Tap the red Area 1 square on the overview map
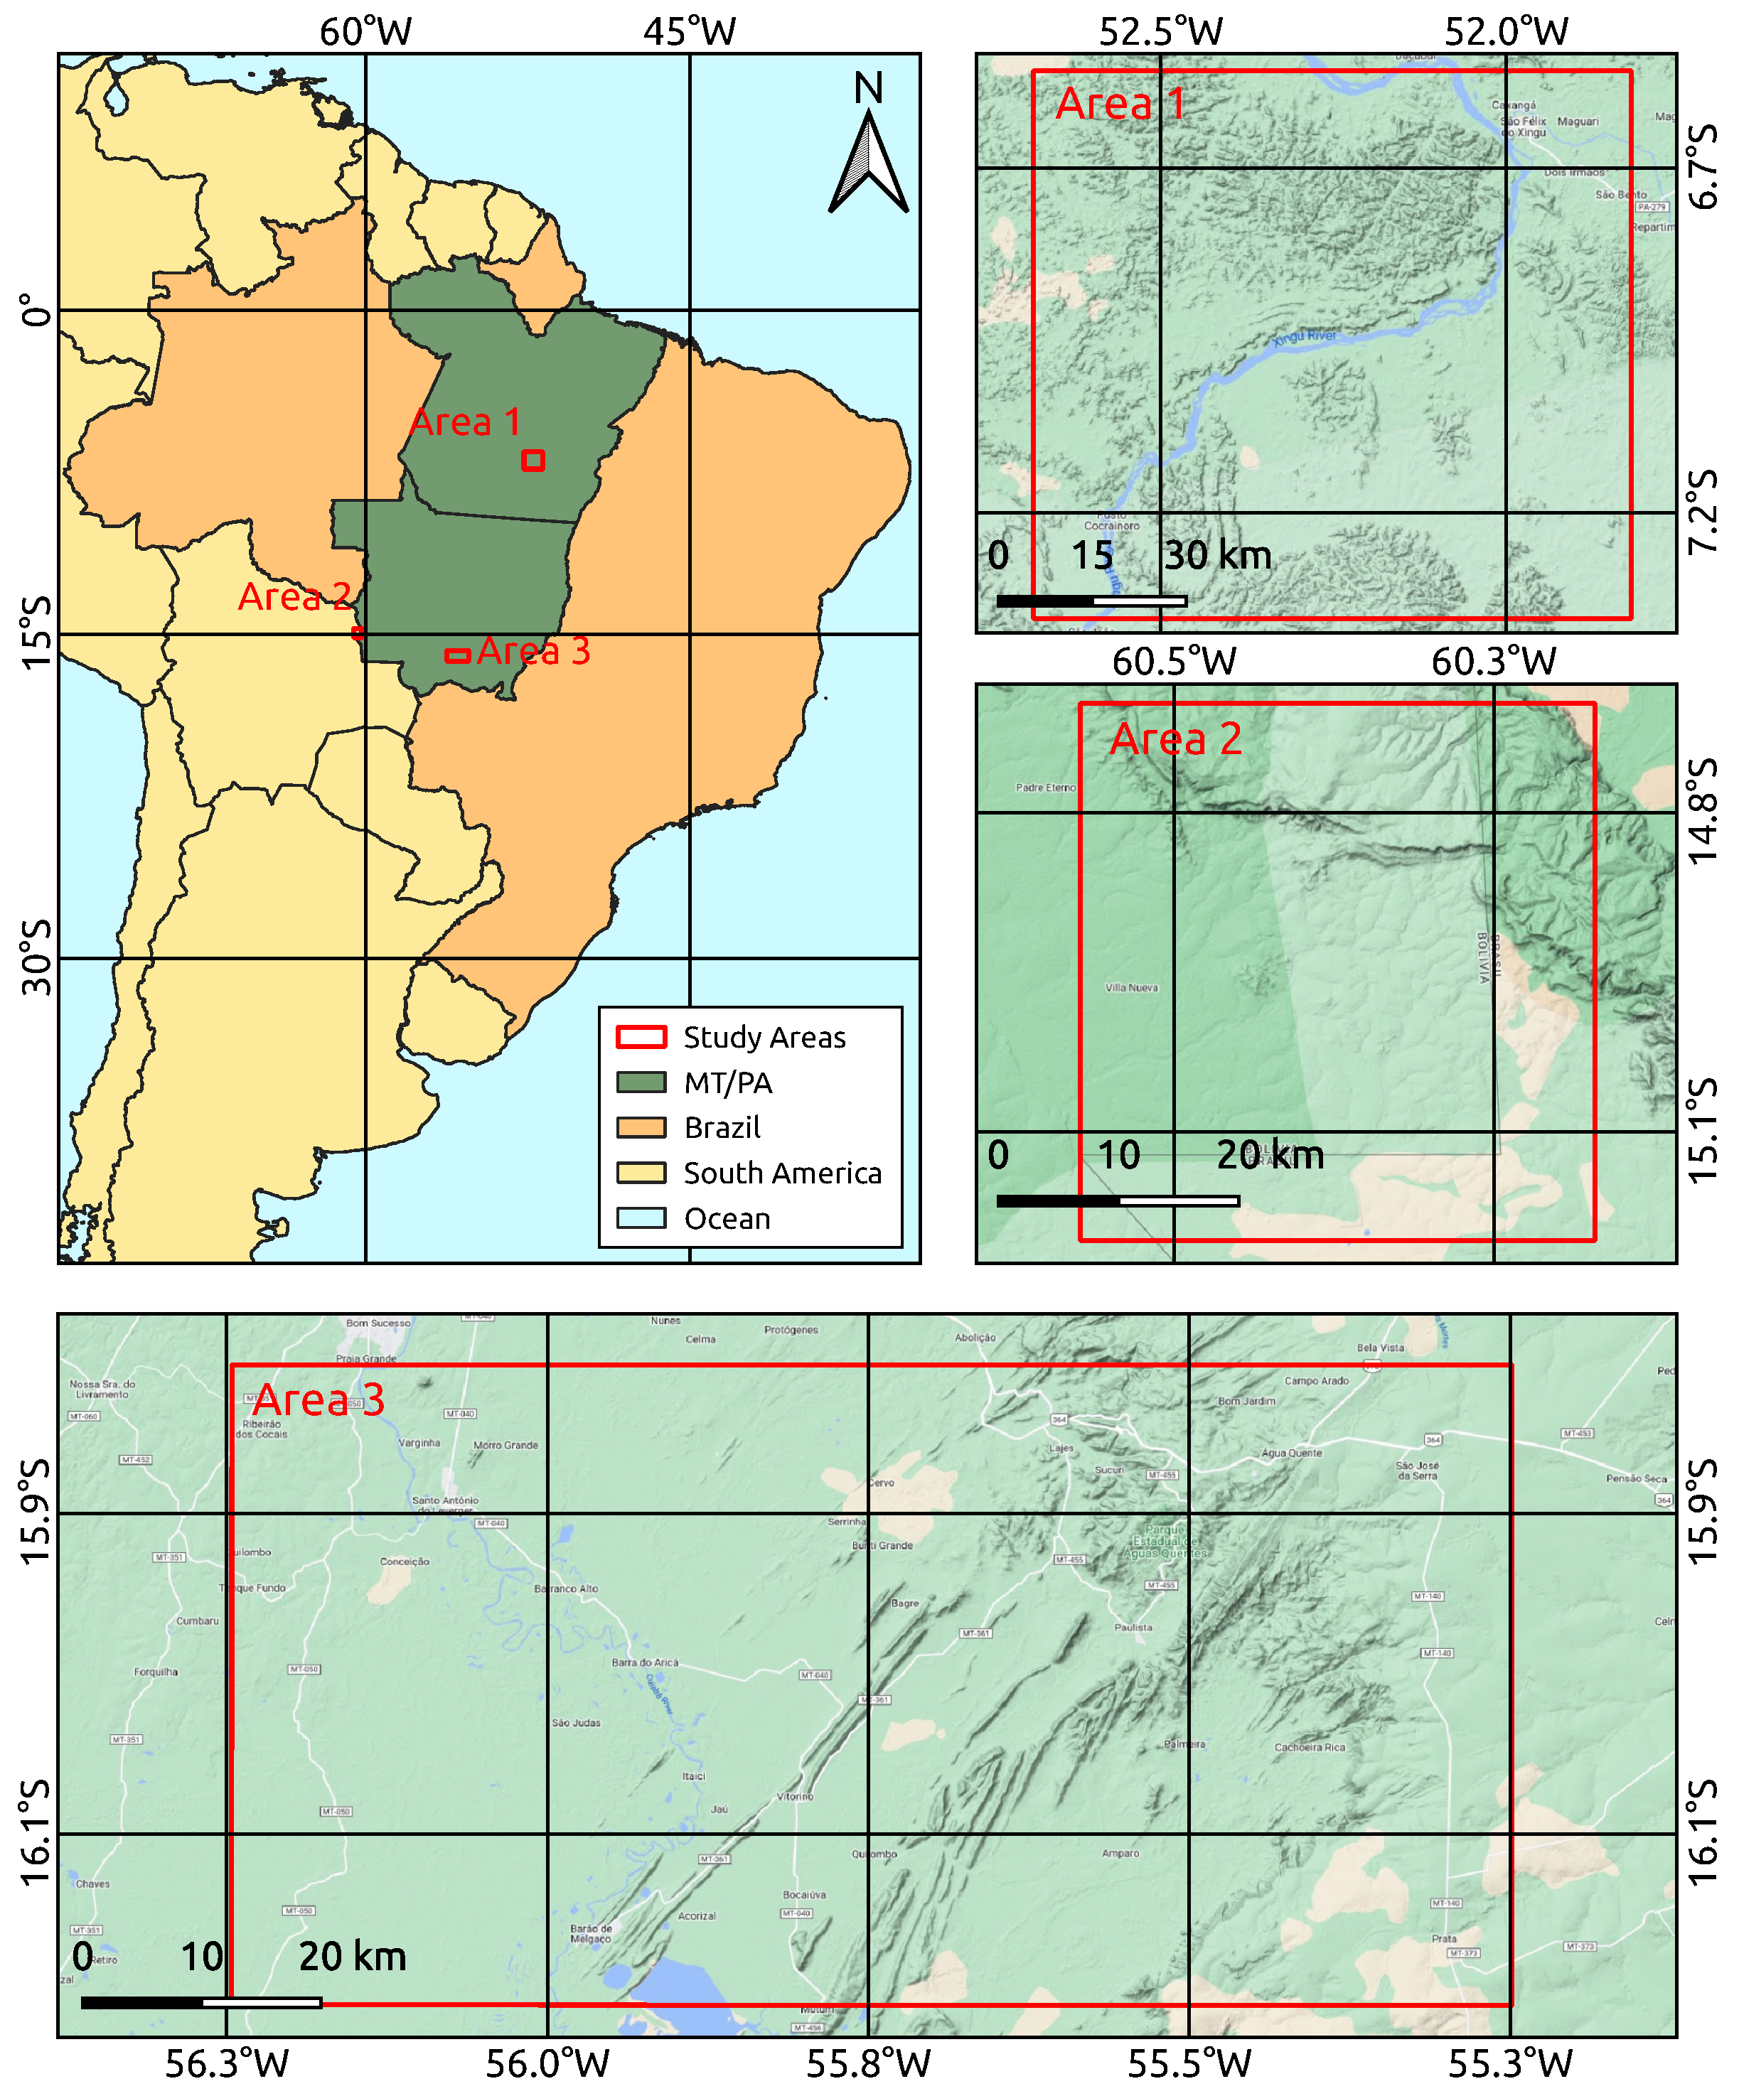pos(533,460)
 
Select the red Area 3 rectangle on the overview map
pos(457,656)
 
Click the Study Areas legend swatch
pos(641,1037)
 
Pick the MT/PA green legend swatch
pos(641,1082)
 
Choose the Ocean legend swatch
pos(641,1218)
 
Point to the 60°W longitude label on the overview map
pos(365,32)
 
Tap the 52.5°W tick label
pos(1160,32)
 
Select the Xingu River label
pos(1304,336)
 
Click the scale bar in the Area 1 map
pos(1091,601)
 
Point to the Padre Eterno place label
pos(1045,788)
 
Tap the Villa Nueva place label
pos(1131,988)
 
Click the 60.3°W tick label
pos(1494,662)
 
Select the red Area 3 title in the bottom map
pos(319,1400)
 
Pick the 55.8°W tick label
pos(867,2064)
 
